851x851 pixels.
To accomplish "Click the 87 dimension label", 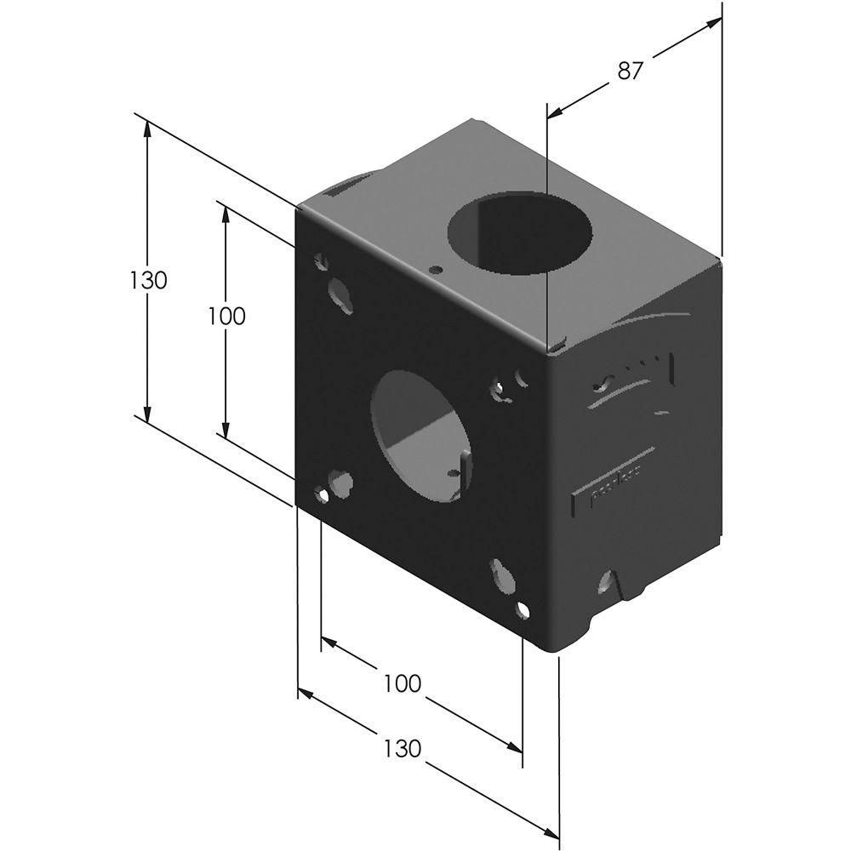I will pos(629,71).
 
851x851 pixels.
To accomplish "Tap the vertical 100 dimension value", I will pos(226,316).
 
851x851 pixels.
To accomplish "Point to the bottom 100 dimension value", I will pos(402,683).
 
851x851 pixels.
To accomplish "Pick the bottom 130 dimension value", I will pos(402,748).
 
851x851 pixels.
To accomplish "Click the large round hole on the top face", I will pos(519,233).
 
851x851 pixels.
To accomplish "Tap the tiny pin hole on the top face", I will pos(436,270).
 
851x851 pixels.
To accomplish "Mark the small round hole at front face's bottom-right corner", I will pos(523,608).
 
